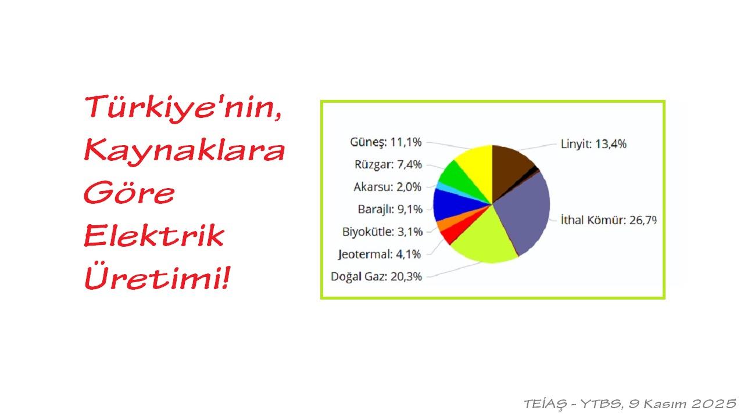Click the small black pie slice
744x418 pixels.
tap(536, 170)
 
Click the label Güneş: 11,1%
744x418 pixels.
tap(385, 142)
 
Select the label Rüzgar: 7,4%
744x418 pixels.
tap(388, 164)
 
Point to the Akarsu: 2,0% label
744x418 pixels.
tap(387, 187)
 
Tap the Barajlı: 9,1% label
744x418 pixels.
tap(389, 209)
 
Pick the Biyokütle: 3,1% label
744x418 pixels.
tap(382, 232)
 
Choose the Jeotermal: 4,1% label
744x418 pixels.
tap(380, 254)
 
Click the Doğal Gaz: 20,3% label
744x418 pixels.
tap(376, 276)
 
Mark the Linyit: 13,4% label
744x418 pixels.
tap(593, 144)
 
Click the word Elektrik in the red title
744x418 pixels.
tap(154, 236)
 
